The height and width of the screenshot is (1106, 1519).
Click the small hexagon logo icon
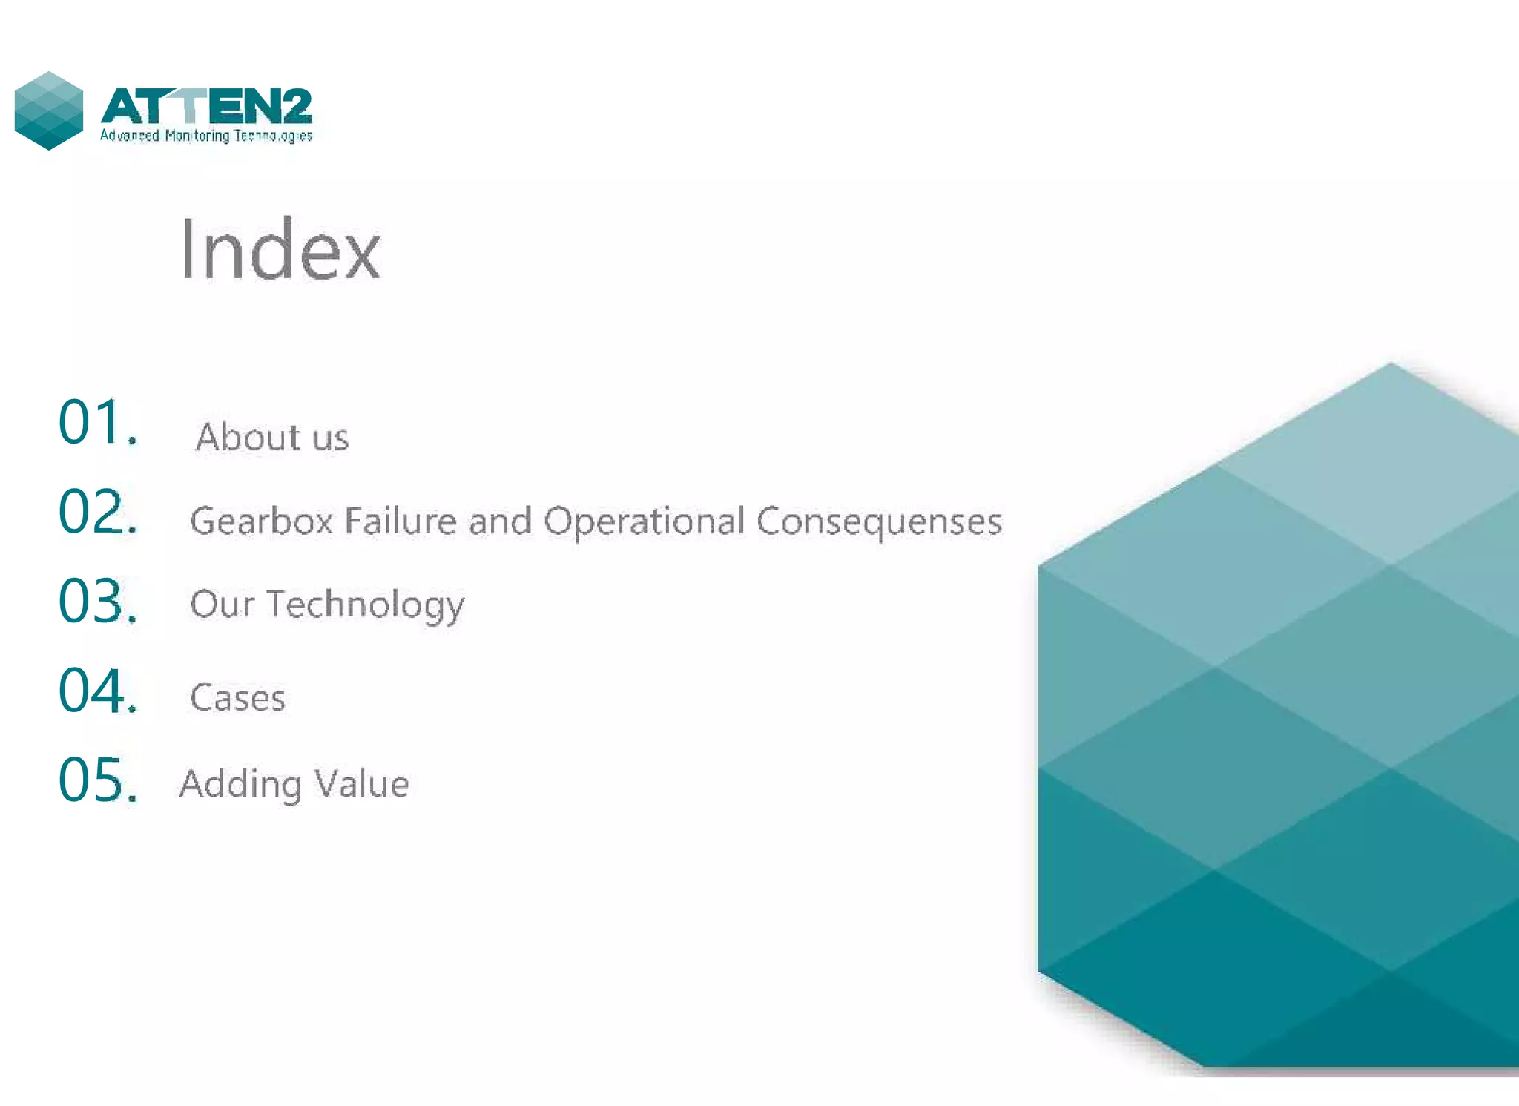(49, 111)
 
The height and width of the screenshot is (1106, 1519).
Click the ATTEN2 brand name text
(206, 107)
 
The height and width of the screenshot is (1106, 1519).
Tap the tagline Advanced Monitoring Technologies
(206, 136)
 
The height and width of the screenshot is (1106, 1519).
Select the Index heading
(280, 250)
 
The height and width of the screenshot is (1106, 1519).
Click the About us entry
(271, 437)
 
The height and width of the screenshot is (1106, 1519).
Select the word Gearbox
(261, 521)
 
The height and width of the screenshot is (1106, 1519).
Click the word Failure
(401, 521)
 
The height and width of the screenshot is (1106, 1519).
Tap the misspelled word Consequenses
(879, 521)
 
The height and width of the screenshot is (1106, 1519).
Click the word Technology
(365, 605)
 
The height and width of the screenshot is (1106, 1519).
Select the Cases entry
(237, 698)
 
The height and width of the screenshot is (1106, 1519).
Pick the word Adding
(241, 785)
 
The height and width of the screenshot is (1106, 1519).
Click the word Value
(361, 784)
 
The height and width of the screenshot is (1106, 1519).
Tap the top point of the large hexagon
(1391, 364)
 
